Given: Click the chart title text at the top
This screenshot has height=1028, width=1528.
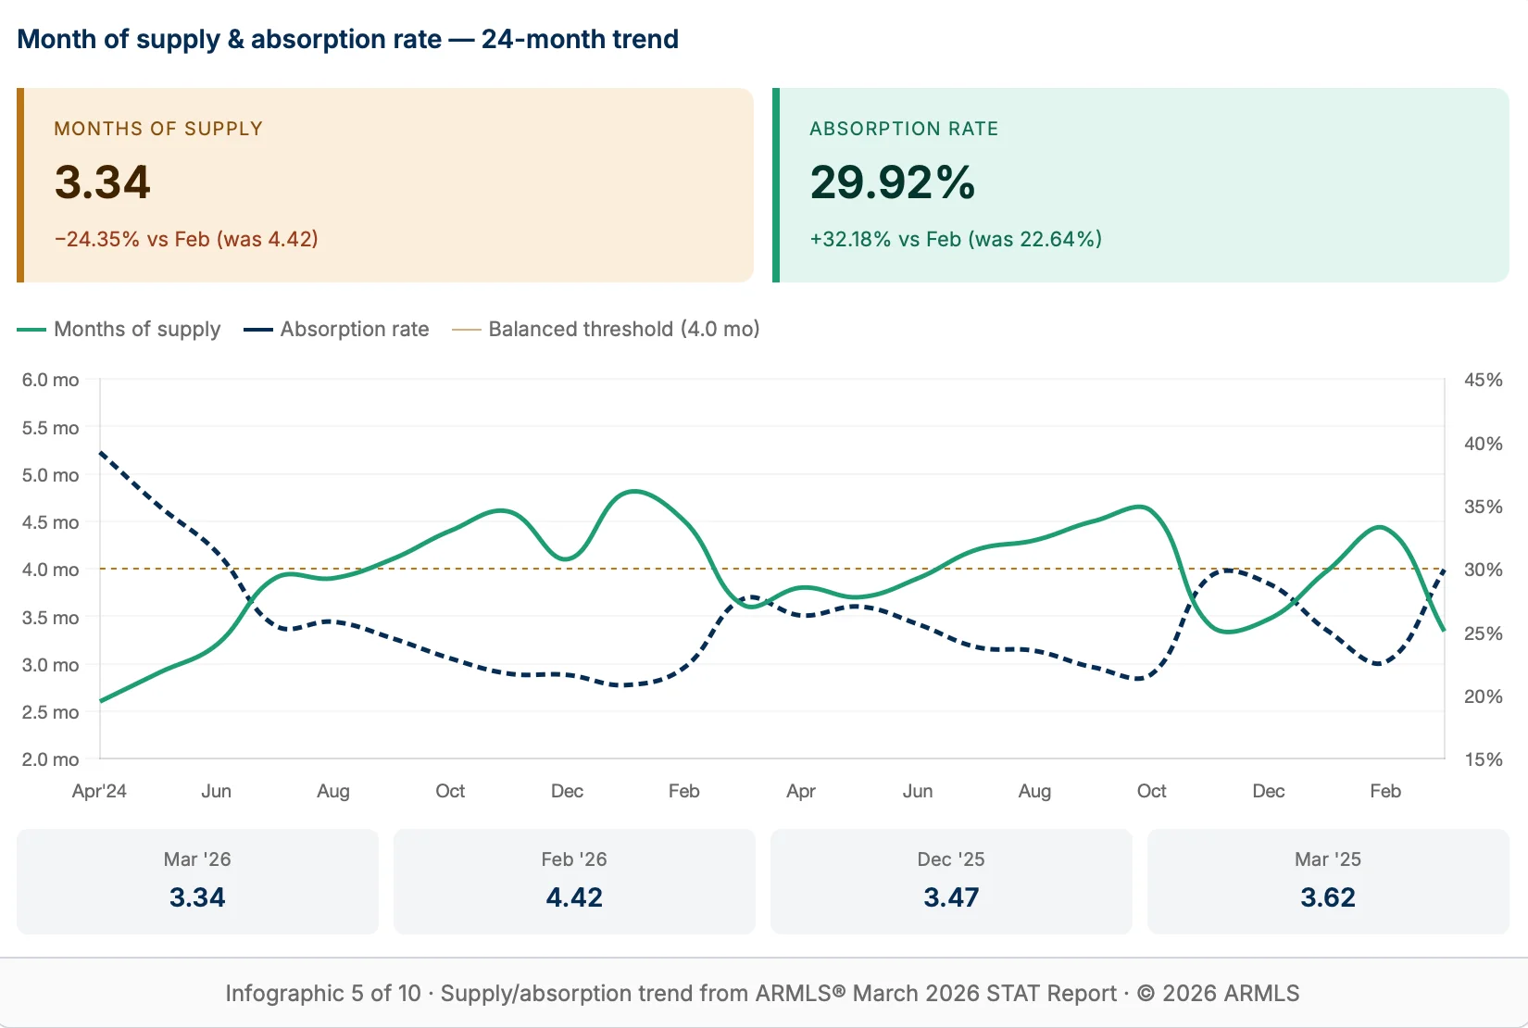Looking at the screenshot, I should (x=347, y=39).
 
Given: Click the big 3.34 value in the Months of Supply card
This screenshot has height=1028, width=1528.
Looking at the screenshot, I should (x=102, y=182).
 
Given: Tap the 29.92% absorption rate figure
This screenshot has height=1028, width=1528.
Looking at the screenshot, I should (x=892, y=182).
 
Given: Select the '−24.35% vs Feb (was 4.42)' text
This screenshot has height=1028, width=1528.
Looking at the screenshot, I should (x=186, y=239).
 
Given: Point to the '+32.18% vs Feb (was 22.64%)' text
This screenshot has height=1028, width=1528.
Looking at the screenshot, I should (x=956, y=239).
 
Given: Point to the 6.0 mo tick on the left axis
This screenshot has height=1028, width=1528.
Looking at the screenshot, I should (x=51, y=380).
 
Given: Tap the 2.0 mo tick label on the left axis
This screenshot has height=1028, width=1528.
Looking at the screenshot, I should (x=51, y=759).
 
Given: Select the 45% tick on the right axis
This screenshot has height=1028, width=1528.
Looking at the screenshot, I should (x=1483, y=380).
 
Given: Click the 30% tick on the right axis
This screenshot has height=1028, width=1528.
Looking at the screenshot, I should (x=1483, y=570).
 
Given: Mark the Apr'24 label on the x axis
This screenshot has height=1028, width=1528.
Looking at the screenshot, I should (x=99, y=791).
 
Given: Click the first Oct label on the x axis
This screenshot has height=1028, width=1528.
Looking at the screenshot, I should (x=450, y=791).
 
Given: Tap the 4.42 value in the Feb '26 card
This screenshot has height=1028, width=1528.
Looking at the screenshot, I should (x=574, y=896).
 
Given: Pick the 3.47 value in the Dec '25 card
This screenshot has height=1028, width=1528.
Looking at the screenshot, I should (x=951, y=896).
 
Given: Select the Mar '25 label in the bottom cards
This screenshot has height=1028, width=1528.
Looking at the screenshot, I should (x=1327, y=859).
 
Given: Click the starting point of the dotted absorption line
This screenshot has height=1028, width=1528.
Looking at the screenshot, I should (x=100, y=453).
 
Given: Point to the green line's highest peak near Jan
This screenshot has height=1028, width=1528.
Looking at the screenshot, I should (x=634, y=491).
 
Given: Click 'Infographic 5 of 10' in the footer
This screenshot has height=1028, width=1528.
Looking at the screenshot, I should (x=322, y=993).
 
